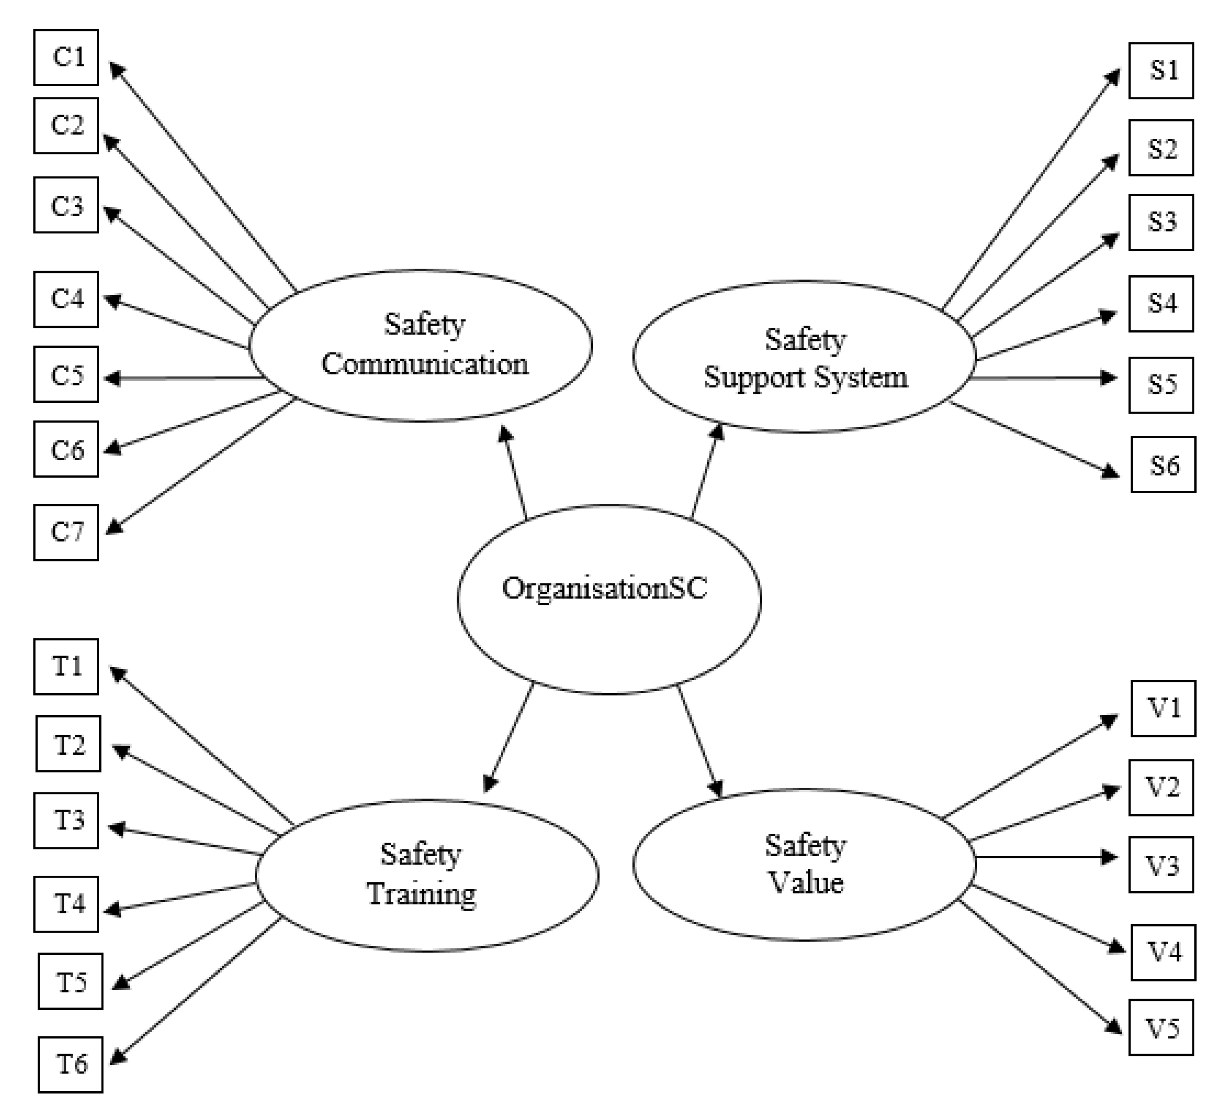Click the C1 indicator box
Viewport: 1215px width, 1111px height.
pos(66,57)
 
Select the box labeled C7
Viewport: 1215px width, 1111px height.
pos(66,533)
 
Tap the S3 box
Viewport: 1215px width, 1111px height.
pos(1161,222)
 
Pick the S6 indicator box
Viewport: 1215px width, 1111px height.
pos(1163,465)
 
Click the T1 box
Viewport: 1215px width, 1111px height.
pos(66,666)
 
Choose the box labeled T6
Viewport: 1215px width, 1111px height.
pos(70,1064)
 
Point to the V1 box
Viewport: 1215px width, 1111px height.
pos(1163,708)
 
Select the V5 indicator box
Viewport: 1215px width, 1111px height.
pos(1161,1028)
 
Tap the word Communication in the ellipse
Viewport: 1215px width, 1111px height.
pos(425,364)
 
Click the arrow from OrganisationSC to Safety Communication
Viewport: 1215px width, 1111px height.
pos(514,473)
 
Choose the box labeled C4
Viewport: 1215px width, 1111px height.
pos(66,299)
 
